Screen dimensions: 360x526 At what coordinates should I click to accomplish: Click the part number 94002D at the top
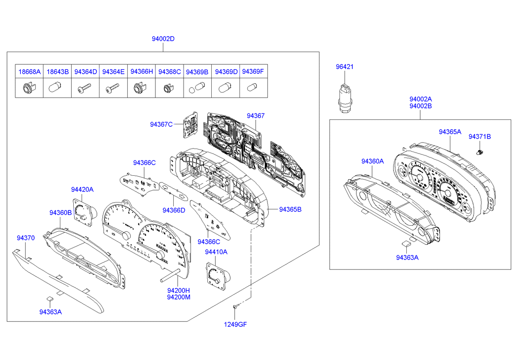pos(163,39)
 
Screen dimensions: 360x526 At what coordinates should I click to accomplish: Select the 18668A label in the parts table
pos(30,72)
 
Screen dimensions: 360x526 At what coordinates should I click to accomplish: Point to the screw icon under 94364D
pos(85,89)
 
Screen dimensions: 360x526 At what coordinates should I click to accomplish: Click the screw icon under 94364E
pos(113,89)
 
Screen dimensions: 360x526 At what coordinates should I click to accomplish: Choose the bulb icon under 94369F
pos(252,89)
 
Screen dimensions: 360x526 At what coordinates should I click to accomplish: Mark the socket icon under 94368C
pos(168,89)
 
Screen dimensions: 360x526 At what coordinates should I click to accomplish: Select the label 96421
pos(345,67)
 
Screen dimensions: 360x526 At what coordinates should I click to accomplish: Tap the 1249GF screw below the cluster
pos(237,308)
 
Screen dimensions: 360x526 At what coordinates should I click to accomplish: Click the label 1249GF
pos(235,324)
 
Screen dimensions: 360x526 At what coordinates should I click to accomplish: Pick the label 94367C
pos(161,124)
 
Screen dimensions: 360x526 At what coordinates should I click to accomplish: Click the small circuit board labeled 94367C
pos(190,126)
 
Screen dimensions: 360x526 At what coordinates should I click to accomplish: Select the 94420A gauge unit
pos(83,210)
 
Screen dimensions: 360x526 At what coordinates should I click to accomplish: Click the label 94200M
pos(179,297)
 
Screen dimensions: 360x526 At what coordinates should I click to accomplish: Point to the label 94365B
pos(290,209)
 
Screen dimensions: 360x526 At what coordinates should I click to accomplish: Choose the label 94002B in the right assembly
pos(420,106)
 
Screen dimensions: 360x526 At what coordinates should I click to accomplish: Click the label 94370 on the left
pos(26,238)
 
